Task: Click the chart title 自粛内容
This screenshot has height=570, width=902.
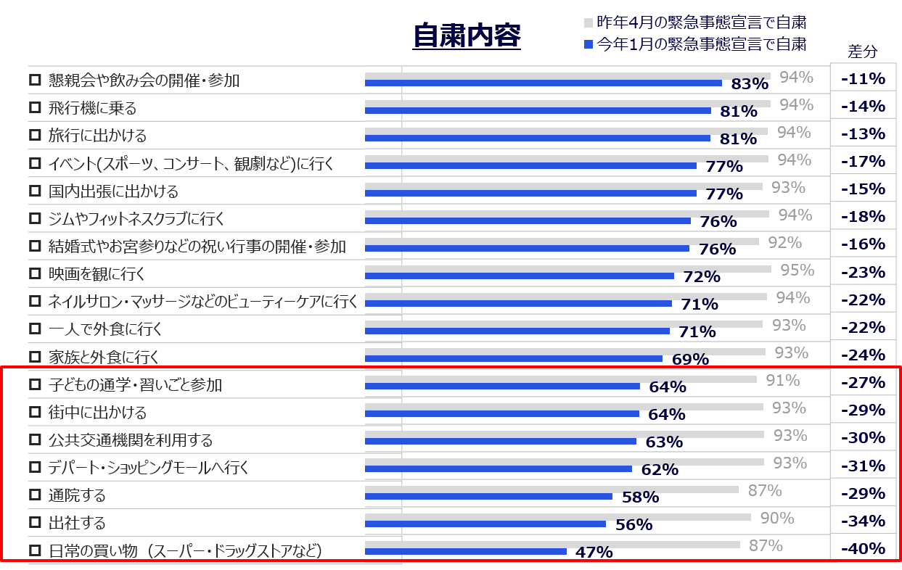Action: (467, 36)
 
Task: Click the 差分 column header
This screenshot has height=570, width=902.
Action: (862, 51)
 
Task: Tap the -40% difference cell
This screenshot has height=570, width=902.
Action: (863, 548)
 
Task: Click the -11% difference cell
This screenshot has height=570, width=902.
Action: (863, 78)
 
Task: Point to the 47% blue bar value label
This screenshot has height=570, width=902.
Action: (594, 553)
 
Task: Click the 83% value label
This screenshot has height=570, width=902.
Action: (750, 84)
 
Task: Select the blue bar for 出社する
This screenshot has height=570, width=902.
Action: (485, 524)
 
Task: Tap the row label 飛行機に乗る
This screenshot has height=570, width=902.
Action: (92, 109)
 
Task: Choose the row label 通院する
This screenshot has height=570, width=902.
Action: (77, 496)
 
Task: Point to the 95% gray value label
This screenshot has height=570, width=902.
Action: (797, 270)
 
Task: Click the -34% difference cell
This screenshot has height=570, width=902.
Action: (863, 521)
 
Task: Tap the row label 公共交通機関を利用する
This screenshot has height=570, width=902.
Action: (131, 440)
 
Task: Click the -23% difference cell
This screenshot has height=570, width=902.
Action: (863, 272)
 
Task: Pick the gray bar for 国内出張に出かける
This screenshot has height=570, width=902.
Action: (563, 186)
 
